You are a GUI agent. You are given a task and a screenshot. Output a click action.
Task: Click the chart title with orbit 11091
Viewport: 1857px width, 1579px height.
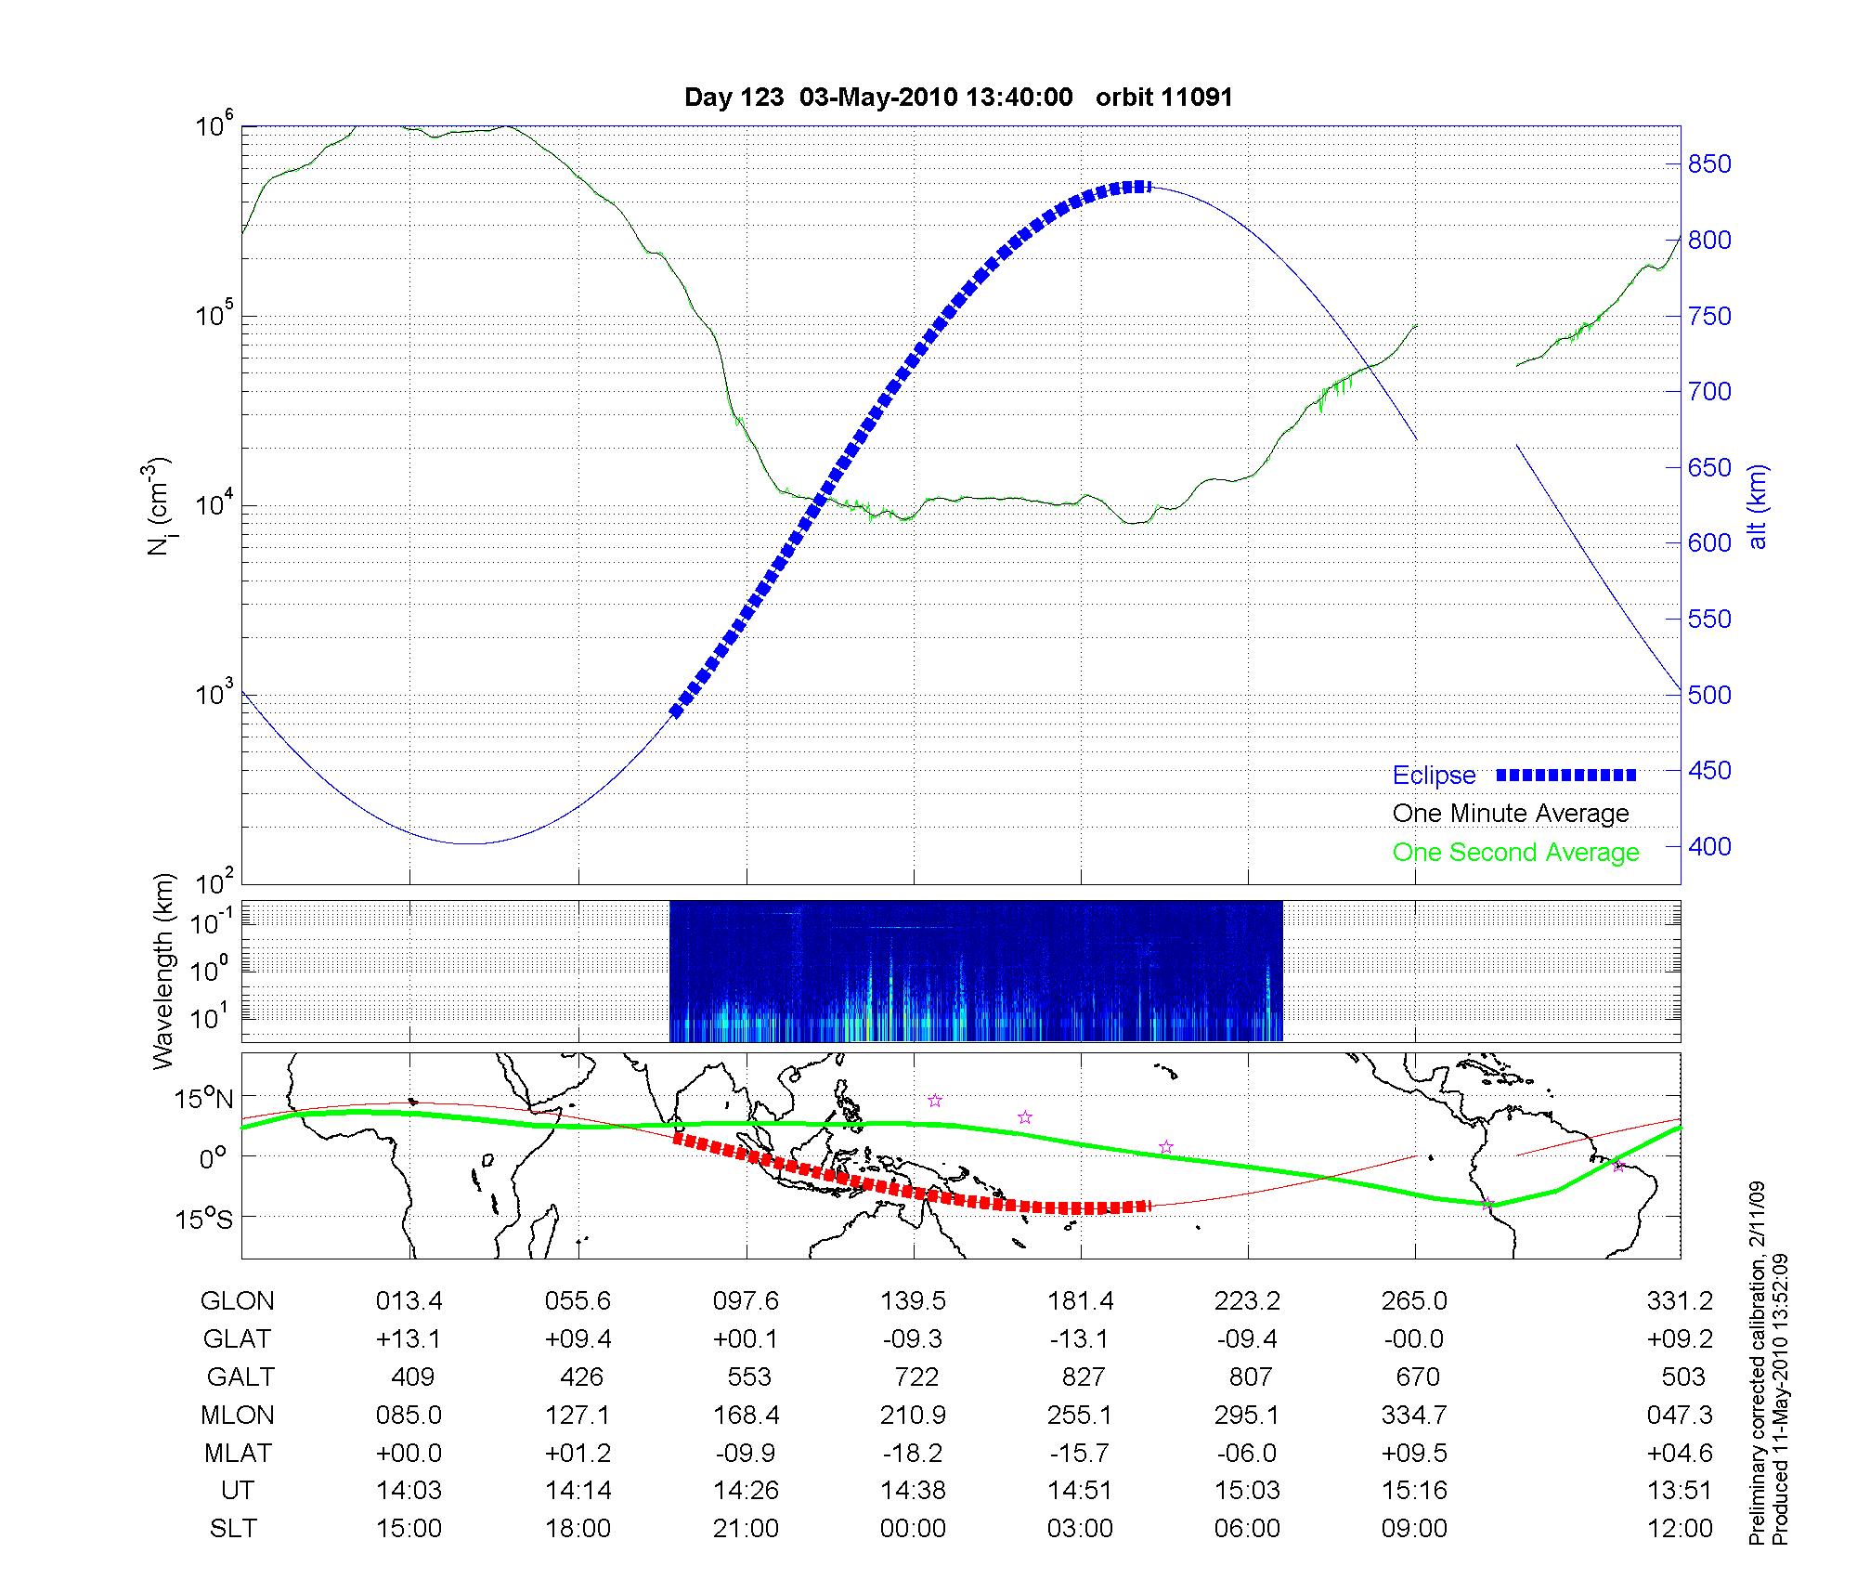pyautogui.click(x=958, y=98)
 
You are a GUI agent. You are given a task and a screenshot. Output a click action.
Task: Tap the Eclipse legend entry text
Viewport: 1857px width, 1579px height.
pyautogui.click(x=1434, y=776)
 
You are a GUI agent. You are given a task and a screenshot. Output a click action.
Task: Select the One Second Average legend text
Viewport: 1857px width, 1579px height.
pyautogui.click(x=1515, y=853)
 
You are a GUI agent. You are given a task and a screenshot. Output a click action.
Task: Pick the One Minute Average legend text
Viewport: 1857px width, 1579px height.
pyautogui.click(x=1511, y=814)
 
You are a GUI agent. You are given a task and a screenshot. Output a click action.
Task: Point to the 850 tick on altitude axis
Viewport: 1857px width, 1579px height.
pyautogui.click(x=1709, y=164)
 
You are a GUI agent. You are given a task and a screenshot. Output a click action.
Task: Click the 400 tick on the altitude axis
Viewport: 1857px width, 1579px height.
pyautogui.click(x=1709, y=846)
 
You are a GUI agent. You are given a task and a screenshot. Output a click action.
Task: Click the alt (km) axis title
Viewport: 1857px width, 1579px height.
pyautogui.click(x=1758, y=506)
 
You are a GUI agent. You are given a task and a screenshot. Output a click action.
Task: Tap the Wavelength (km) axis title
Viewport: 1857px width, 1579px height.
pyautogui.click(x=163, y=972)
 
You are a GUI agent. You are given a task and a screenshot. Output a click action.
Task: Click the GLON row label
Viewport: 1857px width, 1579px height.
pyautogui.click(x=237, y=1301)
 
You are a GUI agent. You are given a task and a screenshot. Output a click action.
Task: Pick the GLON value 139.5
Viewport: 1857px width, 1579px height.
pyautogui.click(x=913, y=1301)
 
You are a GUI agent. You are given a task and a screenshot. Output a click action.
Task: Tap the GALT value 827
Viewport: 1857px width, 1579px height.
pyautogui.click(x=1083, y=1377)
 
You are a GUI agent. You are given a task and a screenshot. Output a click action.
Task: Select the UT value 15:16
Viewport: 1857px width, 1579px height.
pyautogui.click(x=1414, y=1491)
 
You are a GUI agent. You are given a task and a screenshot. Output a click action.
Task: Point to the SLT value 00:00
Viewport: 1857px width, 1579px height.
pyautogui.click(x=913, y=1529)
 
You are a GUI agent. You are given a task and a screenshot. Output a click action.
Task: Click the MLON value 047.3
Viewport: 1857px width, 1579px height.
pyautogui.click(x=1680, y=1415)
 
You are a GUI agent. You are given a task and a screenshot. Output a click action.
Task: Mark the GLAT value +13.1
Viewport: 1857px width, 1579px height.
pyautogui.click(x=409, y=1338)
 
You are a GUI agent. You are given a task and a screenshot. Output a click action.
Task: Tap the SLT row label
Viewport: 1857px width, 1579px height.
pyautogui.click(x=233, y=1529)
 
